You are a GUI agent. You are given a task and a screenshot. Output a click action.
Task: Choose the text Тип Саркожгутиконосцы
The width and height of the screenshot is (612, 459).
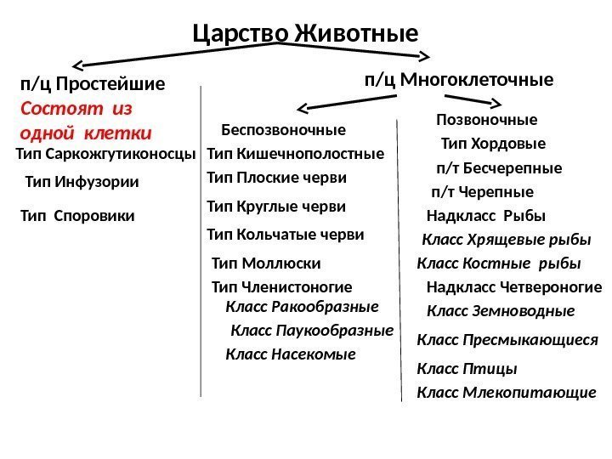tap(106, 154)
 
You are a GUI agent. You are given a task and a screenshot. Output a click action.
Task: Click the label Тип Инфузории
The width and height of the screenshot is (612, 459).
tap(82, 181)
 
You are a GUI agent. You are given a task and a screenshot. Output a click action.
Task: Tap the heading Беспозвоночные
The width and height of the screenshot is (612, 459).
tap(283, 130)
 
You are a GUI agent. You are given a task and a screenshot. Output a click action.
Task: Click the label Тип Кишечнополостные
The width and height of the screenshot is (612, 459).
tap(296, 154)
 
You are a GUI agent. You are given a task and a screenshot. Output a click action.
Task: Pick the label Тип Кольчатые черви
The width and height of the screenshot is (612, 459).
tap(286, 234)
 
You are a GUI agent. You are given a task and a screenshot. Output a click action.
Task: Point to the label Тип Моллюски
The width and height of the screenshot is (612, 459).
tap(266, 263)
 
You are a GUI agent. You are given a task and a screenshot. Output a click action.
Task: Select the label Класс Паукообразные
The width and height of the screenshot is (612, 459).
tap(312, 330)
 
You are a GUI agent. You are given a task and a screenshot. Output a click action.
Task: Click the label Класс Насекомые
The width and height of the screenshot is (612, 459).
tap(291, 354)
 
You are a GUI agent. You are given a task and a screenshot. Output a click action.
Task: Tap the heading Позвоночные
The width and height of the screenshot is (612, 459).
tap(487, 118)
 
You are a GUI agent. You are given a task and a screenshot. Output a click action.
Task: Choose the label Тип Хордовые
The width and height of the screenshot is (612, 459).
tap(493, 143)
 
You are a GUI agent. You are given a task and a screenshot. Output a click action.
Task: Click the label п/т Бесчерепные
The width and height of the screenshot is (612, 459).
tap(499, 167)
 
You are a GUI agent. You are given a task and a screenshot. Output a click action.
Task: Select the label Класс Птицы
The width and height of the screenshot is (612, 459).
tap(467, 369)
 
